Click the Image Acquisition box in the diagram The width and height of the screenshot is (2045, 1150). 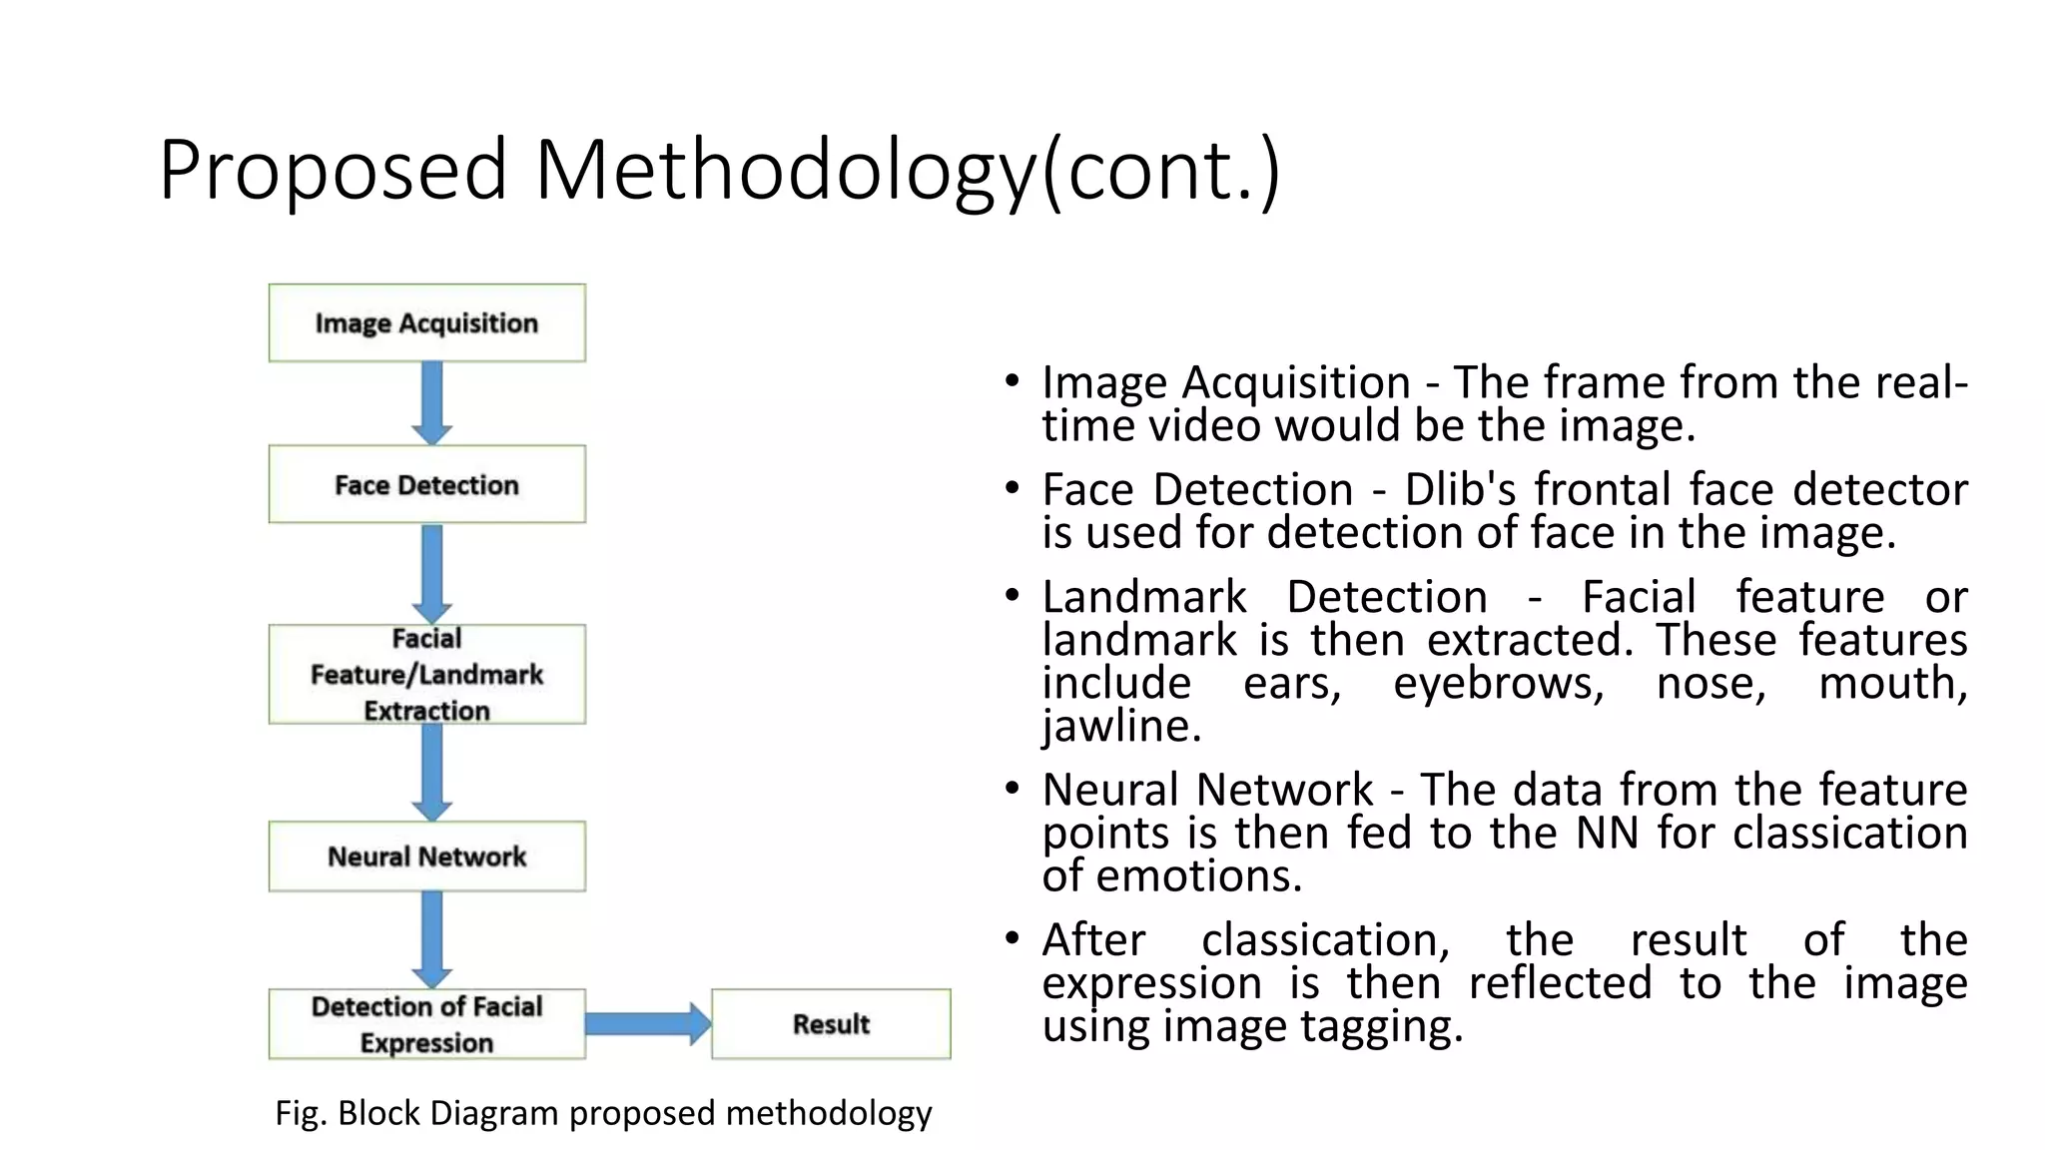pyautogui.click(x=426, y=322)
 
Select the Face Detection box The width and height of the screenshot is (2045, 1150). pyautogui.click(x=426, y=484)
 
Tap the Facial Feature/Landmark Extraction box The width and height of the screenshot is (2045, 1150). pyautogui.click(x=426, y=674)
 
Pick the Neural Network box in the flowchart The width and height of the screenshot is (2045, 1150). pyautogui.click(x=426, y=856)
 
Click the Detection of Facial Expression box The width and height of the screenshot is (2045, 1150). pyautogui.click(x=426, y=1023)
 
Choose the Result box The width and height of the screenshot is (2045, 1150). pyautogui.click(x=831, y=1023)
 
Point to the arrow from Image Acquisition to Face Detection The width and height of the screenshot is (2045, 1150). pyautogui.click(x=432, y=402)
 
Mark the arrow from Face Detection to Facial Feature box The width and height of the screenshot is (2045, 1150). pyautogui.click(x=432, y=573)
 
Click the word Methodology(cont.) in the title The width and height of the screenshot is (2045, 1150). pyautogui.click(x=907, y=170)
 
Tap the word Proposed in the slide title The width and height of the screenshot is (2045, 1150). pyautogui.click(x=333, y=170)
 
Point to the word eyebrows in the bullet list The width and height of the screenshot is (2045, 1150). pyautogui.click(x=1498, y=683)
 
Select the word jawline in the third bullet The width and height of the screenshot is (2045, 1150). pyautogui.click(x=1120, y=726)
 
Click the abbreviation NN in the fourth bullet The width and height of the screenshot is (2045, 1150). pyautogui.click(x=1607, y=833)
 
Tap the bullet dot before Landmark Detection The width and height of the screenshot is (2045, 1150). pyautogui.click(x=1013, y=596)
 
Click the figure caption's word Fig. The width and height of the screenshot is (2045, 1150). pyautogui.click(x=300, y=1112)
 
